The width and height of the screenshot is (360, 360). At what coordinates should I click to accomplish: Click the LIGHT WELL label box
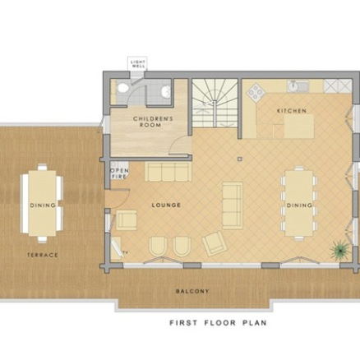tap(137, 64)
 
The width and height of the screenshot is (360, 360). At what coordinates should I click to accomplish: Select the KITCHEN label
tap(291, 110)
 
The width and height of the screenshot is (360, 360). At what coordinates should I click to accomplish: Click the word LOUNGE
tap(166, 205)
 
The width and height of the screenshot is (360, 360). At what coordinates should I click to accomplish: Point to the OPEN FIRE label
tap(118, 174)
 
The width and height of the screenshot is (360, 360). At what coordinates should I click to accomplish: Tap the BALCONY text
tap(192, 291)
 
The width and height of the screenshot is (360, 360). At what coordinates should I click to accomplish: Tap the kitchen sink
tap(296, 85)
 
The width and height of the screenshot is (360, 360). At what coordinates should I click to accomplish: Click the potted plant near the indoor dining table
tap(336, 251)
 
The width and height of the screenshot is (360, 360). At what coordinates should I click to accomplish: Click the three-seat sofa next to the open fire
tap(167, 171)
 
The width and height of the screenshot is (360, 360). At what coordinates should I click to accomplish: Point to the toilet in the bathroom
tap(122, 90)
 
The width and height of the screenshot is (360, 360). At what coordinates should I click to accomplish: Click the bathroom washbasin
tap(165, 91)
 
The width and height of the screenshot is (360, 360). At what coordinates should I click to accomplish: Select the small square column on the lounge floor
tap(238, 156)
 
